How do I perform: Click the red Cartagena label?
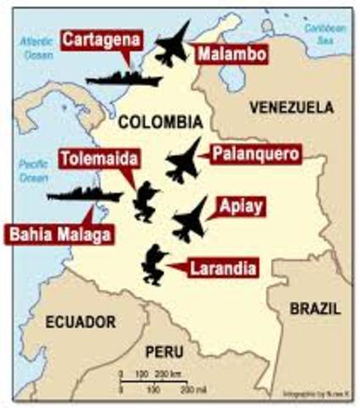(x=99, y=41)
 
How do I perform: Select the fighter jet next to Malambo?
(x=174, y=44)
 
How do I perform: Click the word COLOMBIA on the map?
(x=160, y=121)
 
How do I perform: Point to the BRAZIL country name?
(x=314, y=308)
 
